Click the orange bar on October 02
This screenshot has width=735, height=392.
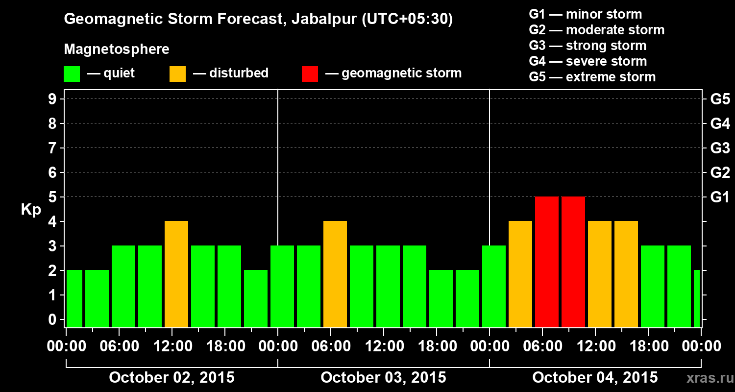[176, 274]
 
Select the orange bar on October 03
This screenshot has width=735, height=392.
[335, 274]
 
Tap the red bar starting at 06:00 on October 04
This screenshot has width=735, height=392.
[547, 262]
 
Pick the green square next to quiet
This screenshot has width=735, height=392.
[72, 73]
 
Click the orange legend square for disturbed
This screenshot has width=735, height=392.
[177, 73]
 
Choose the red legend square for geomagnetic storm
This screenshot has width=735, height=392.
[310, 73]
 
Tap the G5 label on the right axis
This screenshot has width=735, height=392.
[720, 99]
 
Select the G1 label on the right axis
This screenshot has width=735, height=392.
[720, 197]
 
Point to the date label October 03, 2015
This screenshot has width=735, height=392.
[383, 378]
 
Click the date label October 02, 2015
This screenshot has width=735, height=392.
[171, 378]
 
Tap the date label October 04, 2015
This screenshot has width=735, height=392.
[595, 378]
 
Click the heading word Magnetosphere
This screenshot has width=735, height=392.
[117, 49]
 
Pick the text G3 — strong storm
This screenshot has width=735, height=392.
[588, 46]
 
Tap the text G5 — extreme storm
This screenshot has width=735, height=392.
[592, 77]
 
